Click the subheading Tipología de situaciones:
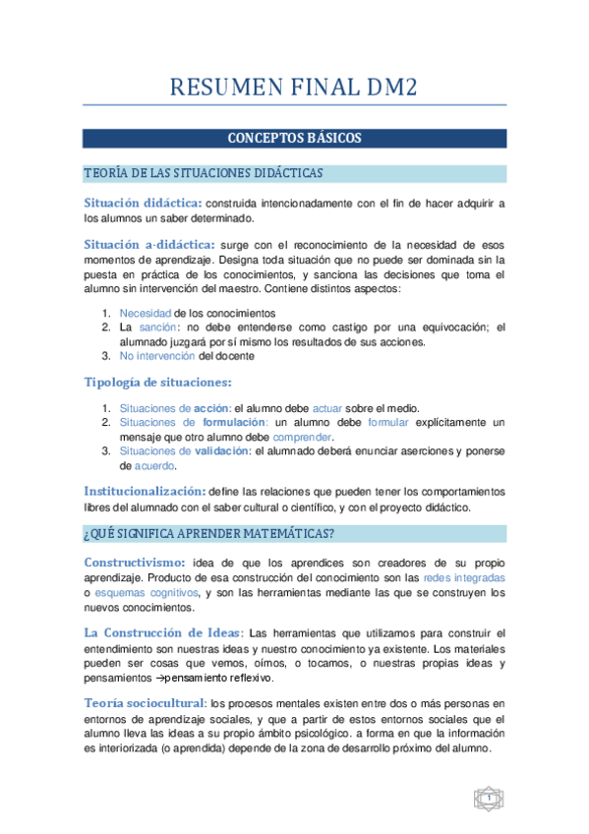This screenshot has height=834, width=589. pyautogui.click(x=157, y=383)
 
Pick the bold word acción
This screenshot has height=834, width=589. pyautogui.click(x=211, y=409)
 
